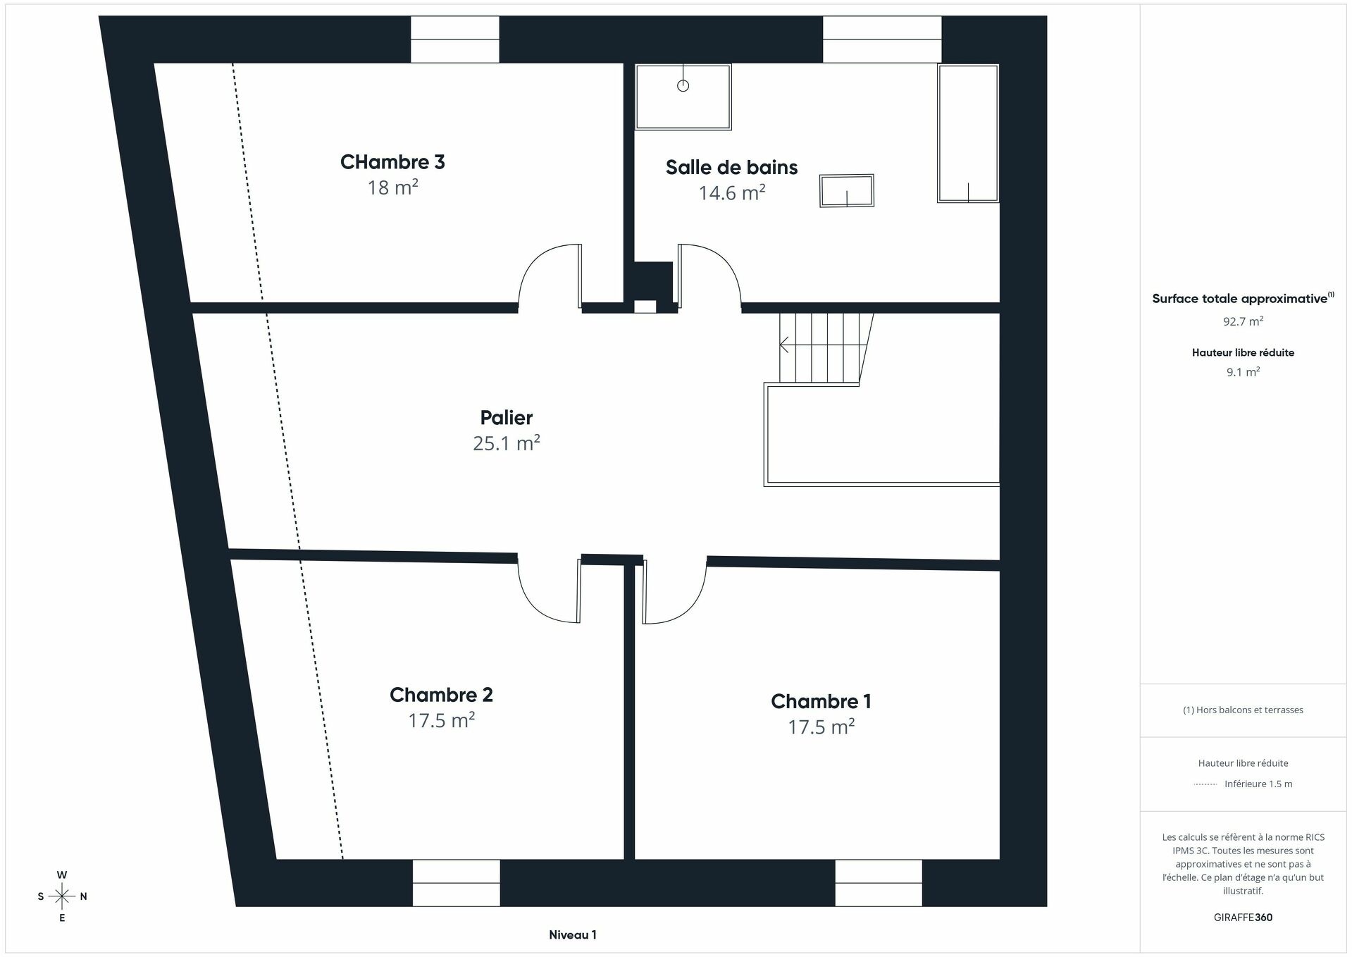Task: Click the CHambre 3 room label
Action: click(x=392, y=162)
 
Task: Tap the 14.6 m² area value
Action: click(x=731, y=192)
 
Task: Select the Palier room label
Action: click(x=506, y=417)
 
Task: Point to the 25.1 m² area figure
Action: click(x=506, y=443)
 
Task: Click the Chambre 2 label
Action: click(x=441, y=695)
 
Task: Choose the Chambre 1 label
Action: click(x=821, y=701)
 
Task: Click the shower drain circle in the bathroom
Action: click(x=683, y=86)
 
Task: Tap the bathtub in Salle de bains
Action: click(x=967, y=133)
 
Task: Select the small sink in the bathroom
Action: click(x=846, y=191)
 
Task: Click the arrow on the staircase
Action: click(x=785, y=345)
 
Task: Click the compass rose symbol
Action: click(x=62, y=896)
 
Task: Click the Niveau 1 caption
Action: click(x=572, y=935)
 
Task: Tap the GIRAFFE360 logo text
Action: click(x=1243, y=918)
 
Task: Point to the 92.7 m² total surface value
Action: click(x=1243, y=321)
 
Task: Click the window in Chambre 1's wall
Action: click(x=878, y=882)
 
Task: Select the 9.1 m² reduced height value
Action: click(x=1243, y=372)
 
